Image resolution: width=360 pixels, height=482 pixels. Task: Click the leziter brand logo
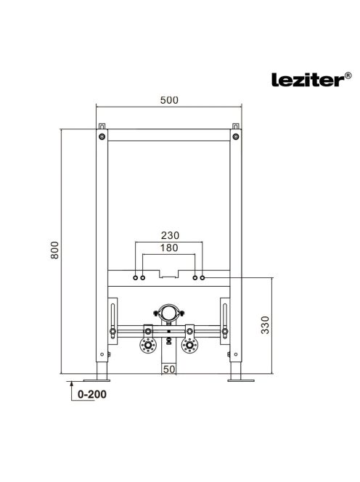coord(311,79)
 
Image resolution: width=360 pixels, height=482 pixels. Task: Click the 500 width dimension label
coord(169,100)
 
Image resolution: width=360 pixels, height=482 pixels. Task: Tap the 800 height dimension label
coord(54,250)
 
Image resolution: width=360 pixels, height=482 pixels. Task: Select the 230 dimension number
coord(170,235)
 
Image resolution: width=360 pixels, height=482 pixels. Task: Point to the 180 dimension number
coord(169,248)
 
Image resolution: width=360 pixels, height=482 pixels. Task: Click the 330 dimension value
coord(265,325)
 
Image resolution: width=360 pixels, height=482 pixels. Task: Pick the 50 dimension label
coord(169,369)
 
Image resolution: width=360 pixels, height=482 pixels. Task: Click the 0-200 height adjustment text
coord(92,394)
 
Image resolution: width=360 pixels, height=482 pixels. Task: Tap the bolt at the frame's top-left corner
coord(102,136)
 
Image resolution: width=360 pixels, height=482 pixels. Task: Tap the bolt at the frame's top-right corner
coord(236,136)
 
